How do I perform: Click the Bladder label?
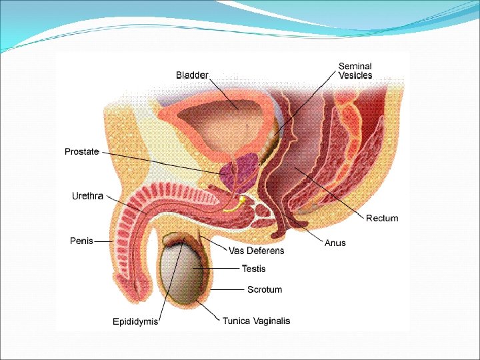click(x=192, y=75)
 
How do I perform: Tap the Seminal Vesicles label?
click(x=355, y=71)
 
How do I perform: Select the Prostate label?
click(x=81, y=152)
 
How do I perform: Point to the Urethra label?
click(x=87, y=196)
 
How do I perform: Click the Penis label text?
click(x=81, y=241)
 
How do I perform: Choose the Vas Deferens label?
click(x=257, y=251)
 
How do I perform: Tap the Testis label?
click(x=253, y=269)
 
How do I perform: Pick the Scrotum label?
click(x=265, y=289)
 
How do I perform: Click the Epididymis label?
click(x=135, y=322)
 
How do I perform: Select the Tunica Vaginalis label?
click(x=257, y=321)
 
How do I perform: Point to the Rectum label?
click(x=382, y=218)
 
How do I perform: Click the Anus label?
click(x=335, y=243)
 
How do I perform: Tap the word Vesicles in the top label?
click(x=355, y=75)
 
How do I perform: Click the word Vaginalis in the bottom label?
click(x=272, y=321)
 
